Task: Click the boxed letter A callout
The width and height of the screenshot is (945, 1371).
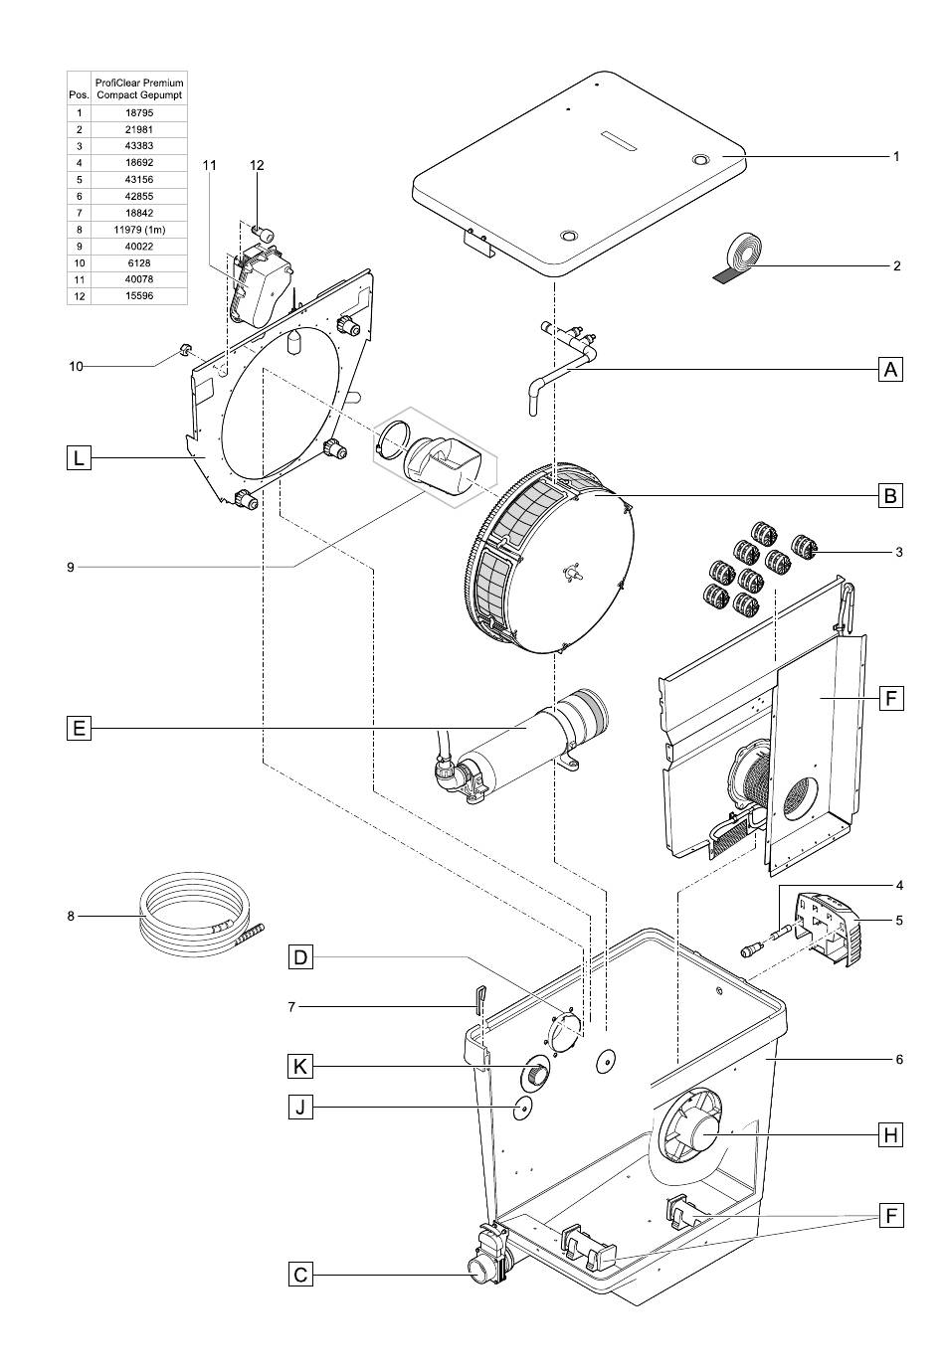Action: [890, 370]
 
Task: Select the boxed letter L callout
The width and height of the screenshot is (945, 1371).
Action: [79, 457]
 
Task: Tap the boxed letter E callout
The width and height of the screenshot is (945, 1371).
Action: [79, 729]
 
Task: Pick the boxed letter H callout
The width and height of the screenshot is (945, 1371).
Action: [890, 1135]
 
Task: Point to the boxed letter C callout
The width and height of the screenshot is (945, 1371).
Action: [300, 1275]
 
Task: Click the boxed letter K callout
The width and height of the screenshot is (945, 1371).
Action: [300, 1067]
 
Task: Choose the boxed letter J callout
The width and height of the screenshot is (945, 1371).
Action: [300, 1108]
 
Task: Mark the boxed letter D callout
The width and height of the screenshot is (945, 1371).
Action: [300, 956]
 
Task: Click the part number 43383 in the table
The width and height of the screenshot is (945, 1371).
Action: [139, 146]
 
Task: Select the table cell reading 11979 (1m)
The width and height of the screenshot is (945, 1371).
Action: [139, 230]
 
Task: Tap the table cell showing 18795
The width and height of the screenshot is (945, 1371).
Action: [139, 112]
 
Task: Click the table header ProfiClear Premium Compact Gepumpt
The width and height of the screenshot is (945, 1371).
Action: [139, 88]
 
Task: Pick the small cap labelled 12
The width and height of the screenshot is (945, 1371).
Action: [265, 234]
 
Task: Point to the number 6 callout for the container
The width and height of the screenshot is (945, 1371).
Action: [898, 1060]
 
